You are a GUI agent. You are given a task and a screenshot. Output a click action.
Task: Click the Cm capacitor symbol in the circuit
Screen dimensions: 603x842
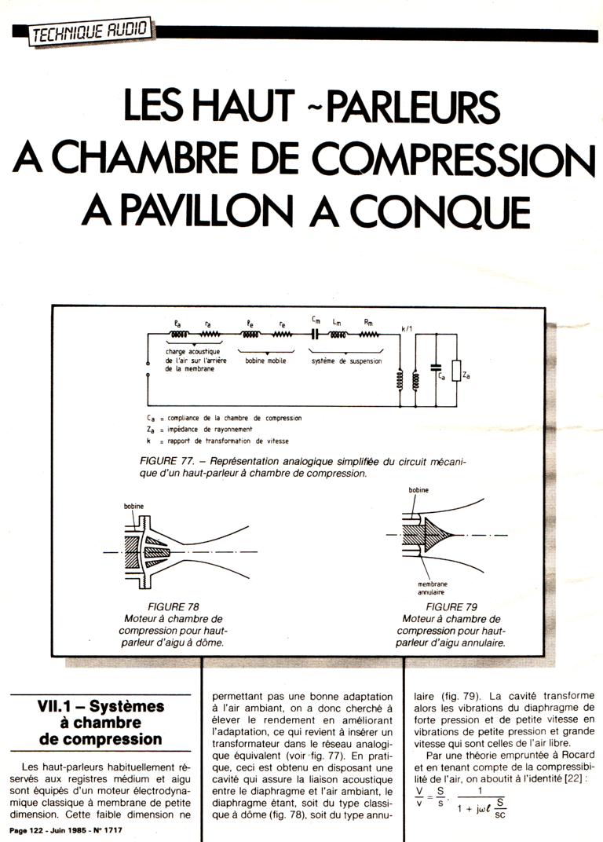pos(315,334)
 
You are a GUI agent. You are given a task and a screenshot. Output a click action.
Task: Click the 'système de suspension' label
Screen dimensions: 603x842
pos(347,361)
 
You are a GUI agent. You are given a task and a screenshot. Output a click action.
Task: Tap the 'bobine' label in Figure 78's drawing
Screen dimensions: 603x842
pos(133,507)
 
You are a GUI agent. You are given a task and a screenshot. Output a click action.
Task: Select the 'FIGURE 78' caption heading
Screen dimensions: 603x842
pos(173,607)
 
